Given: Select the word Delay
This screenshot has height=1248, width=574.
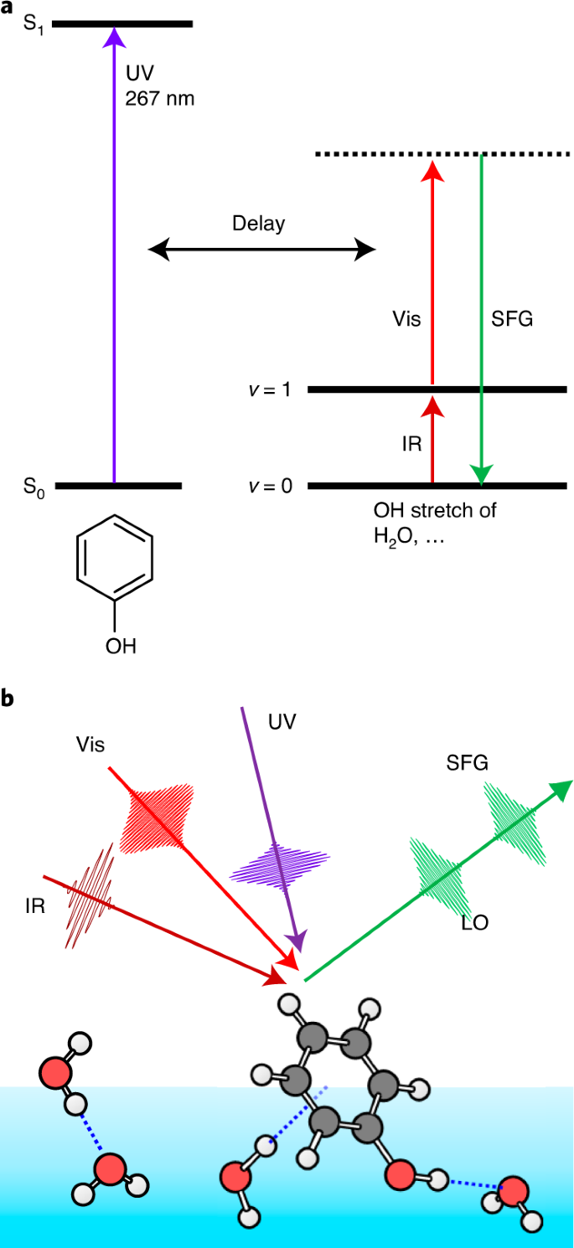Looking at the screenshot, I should pyautogui.click(x=259, y=224).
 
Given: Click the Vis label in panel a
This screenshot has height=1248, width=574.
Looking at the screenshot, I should pyautogui.click(x=406, y=319).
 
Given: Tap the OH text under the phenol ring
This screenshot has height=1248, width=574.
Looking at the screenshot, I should pyautogui.click(x=121, y=646).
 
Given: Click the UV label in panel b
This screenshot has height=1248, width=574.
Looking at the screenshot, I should pyautogui.click(x=283, y=719).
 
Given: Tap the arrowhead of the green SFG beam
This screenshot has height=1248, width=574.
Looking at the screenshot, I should pyautogui.click(x=561, y=788).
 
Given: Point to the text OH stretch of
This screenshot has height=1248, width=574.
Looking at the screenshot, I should pyautogui.click(x=434, y=509).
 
